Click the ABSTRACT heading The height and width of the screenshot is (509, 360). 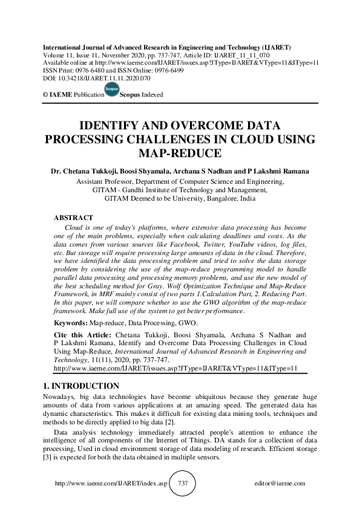point(73,218)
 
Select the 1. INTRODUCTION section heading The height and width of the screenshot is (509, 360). point(74,386)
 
